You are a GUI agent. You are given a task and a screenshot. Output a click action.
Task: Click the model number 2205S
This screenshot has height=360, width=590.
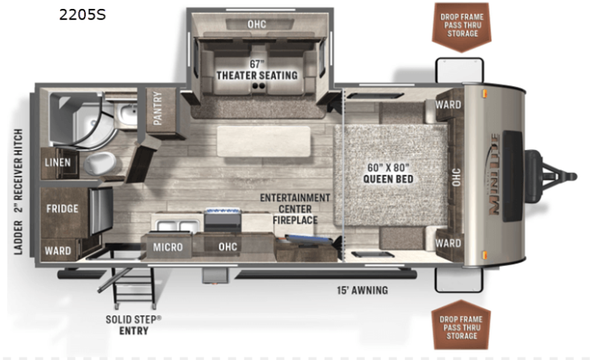tap(83, 14)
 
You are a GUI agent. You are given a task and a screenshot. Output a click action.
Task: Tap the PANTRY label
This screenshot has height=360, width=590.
tap(158, 108)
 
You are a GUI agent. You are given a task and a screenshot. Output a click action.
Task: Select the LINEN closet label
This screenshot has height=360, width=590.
tap(58, 162)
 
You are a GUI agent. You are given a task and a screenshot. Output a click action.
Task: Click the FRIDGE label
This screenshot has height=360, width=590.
tap(63, 208)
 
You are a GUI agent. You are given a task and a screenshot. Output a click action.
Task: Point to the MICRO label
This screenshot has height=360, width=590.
tap(168, 247)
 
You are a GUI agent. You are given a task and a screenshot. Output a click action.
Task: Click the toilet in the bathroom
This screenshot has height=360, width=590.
tap(99, 163)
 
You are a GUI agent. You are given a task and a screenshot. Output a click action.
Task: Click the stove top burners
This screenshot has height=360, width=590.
tap(222, 211)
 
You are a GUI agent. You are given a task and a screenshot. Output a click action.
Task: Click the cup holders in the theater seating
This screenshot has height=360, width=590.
tap(258, 86)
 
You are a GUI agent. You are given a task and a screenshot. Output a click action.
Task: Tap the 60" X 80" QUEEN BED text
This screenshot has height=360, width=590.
tap(388, 173)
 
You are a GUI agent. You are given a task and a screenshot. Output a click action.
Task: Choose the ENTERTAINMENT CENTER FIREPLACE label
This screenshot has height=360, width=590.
tap(295, 209)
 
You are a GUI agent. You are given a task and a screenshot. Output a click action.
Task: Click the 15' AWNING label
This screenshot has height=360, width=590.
tap(362, 290)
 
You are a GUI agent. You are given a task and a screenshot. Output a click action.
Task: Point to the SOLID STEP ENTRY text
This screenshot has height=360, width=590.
tap(133, 325)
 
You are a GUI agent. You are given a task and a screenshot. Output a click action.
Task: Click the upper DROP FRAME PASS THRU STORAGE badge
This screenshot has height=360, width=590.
tap(461, 27)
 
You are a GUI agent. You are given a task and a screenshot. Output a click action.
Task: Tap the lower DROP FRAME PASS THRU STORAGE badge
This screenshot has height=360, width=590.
tap(461, 325)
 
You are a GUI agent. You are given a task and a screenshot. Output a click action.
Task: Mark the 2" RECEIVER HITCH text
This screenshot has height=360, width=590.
tap(18, 171)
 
